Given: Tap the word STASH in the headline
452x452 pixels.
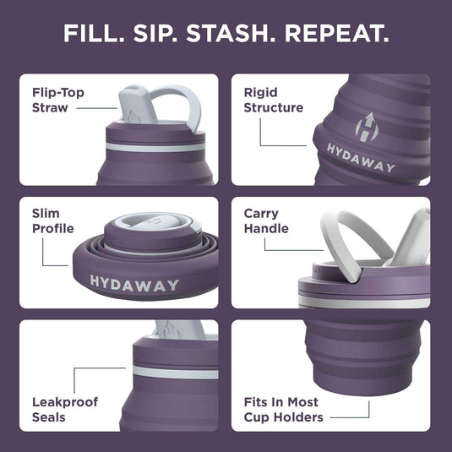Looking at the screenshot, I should [x=229, y=35].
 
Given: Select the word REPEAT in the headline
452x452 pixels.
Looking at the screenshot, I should [x=337, y=35].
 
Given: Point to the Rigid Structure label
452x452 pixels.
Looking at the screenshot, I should [x=273, y=100].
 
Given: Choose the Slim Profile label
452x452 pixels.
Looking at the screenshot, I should [x=53, y=221].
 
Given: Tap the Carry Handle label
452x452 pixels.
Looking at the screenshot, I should [x=266, y=221].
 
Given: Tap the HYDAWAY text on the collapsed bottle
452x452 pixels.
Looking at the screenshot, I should [x=134, y=283].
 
